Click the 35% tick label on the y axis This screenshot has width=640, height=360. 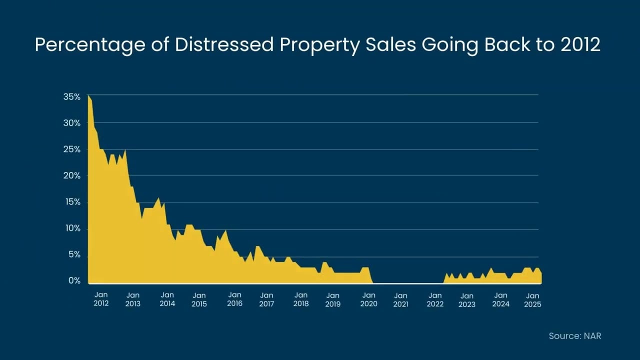pyautogui.click(x=72, y=97)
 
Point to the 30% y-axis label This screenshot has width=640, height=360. pyautogui.click(x=72, y=123)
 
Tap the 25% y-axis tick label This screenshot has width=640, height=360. pyautogui.click(x=72, y=149)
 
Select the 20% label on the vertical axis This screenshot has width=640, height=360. pyautogui.click(x=72, y=175)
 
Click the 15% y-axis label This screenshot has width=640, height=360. pyautogui.click(x=72, y=202)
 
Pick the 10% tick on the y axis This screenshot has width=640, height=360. pyautogui.click(x=72, y=228)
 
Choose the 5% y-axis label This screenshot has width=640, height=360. pyautogui.click(x=74, y=254)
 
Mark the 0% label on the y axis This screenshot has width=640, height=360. pyautogui.click(x=74, y=281)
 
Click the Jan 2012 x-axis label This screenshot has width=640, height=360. pyautogui.click(x=101, y=299)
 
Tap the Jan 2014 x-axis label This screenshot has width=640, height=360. pyautogui.click(x=167, y=299)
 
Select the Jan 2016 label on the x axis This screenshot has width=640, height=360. pyautogui.click(x=235, y=299)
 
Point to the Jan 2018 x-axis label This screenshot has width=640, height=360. pyautogui.click(x=301, y=299)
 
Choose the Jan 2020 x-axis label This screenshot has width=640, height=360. pyautogui.click(x=368, y=299)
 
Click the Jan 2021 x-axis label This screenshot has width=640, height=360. pyautogui.click(x=400, y=299)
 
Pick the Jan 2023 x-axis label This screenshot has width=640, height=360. pyautogui.click(x=467, y=299)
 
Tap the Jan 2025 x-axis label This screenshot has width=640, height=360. pyautogui.click(x=533, y=299)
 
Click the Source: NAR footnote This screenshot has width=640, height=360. pyautogui.click(x=575, y=336)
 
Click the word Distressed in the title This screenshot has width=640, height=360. pyautogui.click(x=224, y=45)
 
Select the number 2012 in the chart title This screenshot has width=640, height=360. pyautogui.click(x=580, y=45)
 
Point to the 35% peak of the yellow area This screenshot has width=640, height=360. pyautogui.click(x=88, y=95)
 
